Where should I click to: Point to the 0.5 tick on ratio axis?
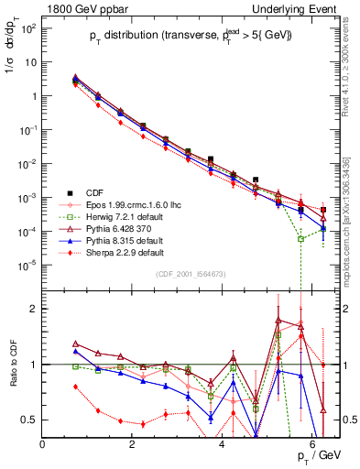30,420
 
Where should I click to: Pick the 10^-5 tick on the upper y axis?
27,265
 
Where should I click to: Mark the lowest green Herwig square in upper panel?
300,238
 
